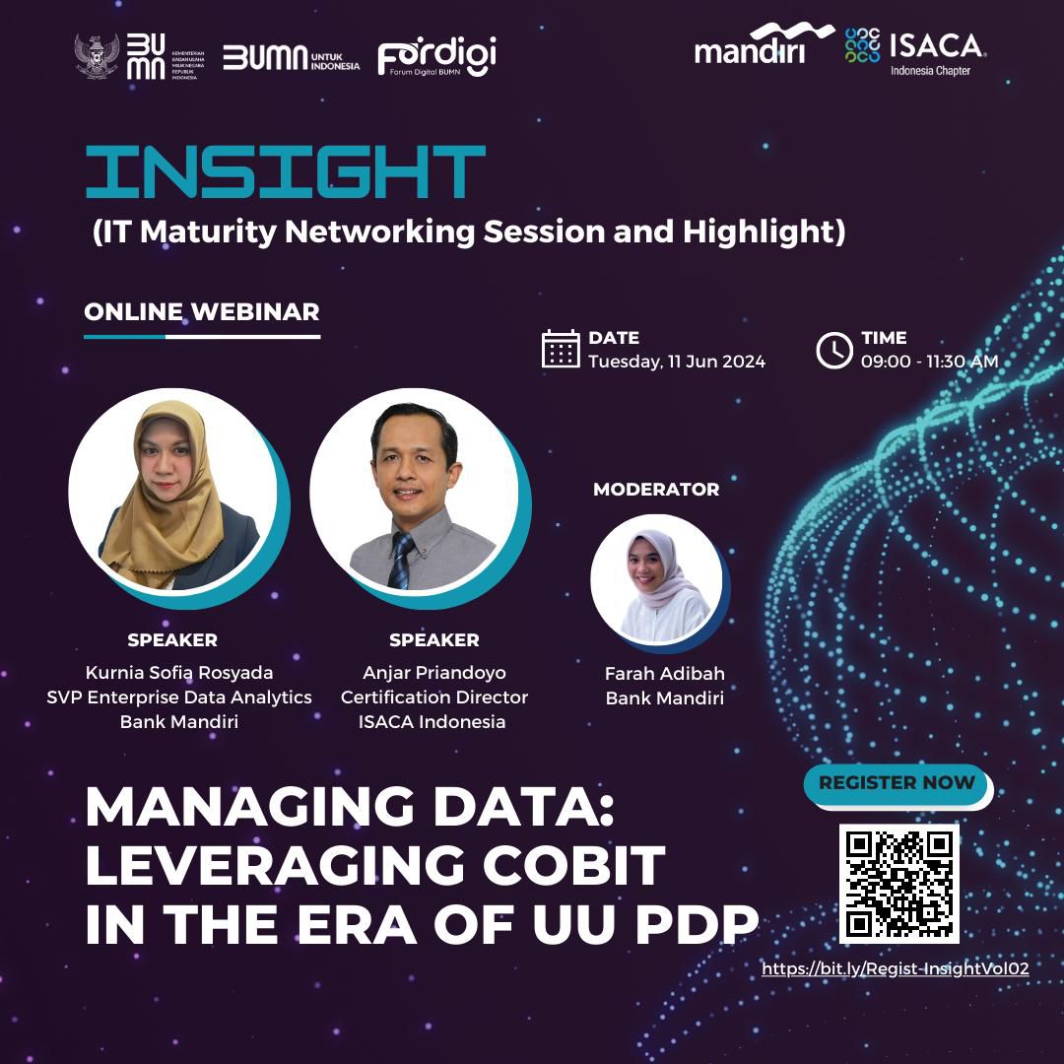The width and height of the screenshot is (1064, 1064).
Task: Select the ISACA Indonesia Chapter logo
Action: (915, 51)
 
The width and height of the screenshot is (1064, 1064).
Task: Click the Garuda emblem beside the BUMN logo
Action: (97, 56)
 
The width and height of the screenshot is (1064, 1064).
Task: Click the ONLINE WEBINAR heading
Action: (202, 311)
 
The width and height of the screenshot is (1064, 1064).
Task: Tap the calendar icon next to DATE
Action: (561, 349)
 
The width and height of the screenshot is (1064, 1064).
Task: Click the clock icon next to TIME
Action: (834, 350)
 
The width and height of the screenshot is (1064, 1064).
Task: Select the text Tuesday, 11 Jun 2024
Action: (677, 361)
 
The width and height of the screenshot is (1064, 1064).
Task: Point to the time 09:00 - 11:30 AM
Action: (930, 361)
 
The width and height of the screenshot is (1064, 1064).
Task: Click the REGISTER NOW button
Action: (897, 783)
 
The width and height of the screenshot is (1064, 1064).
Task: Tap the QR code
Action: (899, 884)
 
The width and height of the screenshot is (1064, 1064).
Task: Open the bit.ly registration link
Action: (895, 969)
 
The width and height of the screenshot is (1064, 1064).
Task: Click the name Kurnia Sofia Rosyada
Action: (179, 673)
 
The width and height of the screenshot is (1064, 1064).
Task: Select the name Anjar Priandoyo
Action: (434, 673)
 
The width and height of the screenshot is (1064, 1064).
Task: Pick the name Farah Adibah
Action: (664, 673)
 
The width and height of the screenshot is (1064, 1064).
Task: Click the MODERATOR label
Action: (656, 490)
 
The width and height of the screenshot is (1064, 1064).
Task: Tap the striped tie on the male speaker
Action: (400, 561)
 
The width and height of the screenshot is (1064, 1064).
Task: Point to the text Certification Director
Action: (434, 697)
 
